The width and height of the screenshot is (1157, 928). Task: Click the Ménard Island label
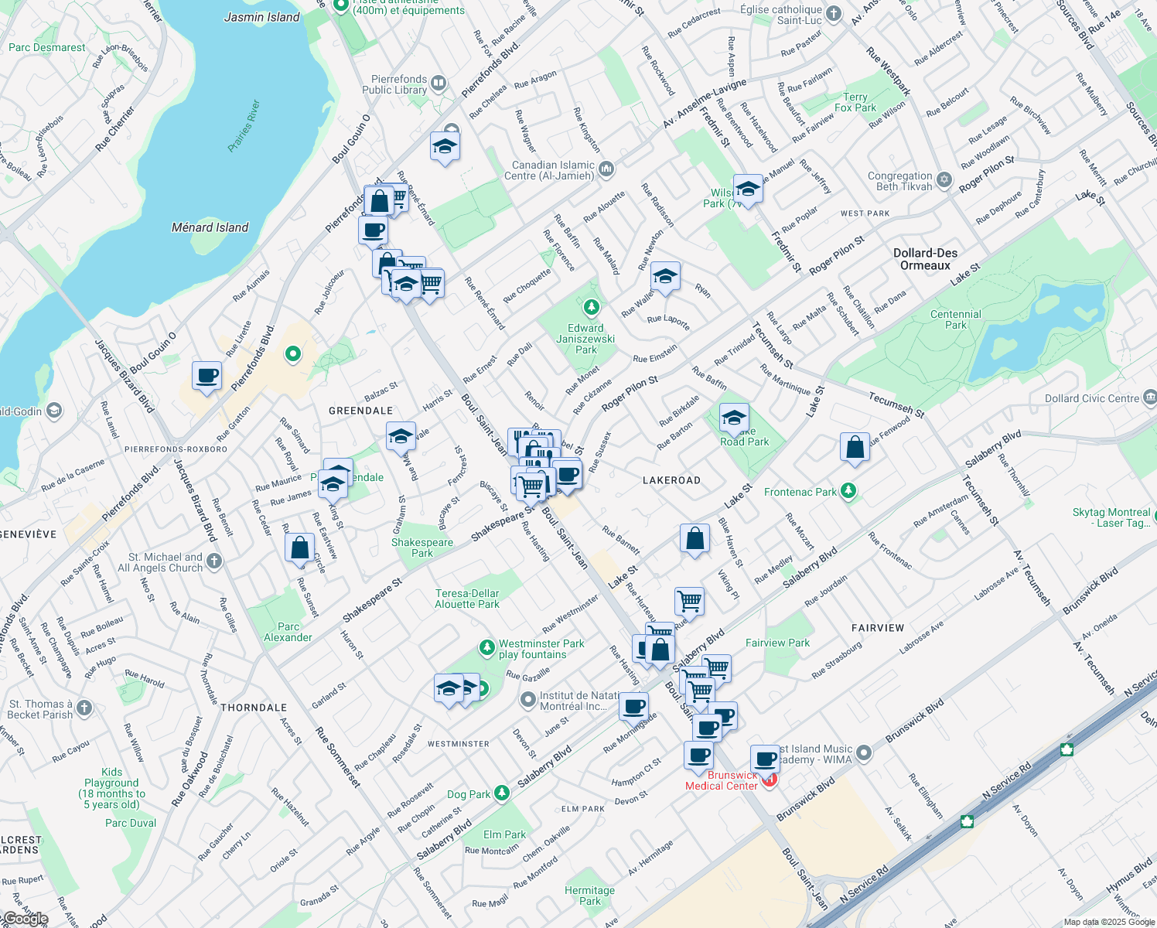pos(210,227)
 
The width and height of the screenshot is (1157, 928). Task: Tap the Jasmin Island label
pos(261,17)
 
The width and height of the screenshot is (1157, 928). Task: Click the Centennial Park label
pos(956,319)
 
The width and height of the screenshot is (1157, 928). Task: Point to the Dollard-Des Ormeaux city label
pos(925,259)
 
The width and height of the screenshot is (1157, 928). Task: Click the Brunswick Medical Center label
pos(722,780)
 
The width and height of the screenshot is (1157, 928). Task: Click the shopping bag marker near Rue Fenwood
pos(855,447)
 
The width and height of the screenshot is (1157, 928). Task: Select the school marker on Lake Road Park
pos(734,418)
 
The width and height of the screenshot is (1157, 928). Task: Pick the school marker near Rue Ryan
pos(664,276)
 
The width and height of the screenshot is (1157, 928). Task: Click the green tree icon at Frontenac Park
pos(848,491)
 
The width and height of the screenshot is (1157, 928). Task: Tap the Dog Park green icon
pos(502,793)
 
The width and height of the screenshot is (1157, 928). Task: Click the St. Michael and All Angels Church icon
pos(214,561)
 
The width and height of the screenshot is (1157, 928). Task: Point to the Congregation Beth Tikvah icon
pos(944,180)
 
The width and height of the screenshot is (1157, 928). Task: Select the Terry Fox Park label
pos(855,102)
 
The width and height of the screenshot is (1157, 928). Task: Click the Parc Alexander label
pos(288,632)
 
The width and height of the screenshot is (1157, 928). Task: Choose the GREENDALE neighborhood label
pos(360,411)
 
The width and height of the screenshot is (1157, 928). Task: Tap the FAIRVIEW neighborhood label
pos(878,628)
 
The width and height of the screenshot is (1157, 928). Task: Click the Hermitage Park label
pos(589,896)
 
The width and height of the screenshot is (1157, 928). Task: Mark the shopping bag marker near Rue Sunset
pos(299,548)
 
